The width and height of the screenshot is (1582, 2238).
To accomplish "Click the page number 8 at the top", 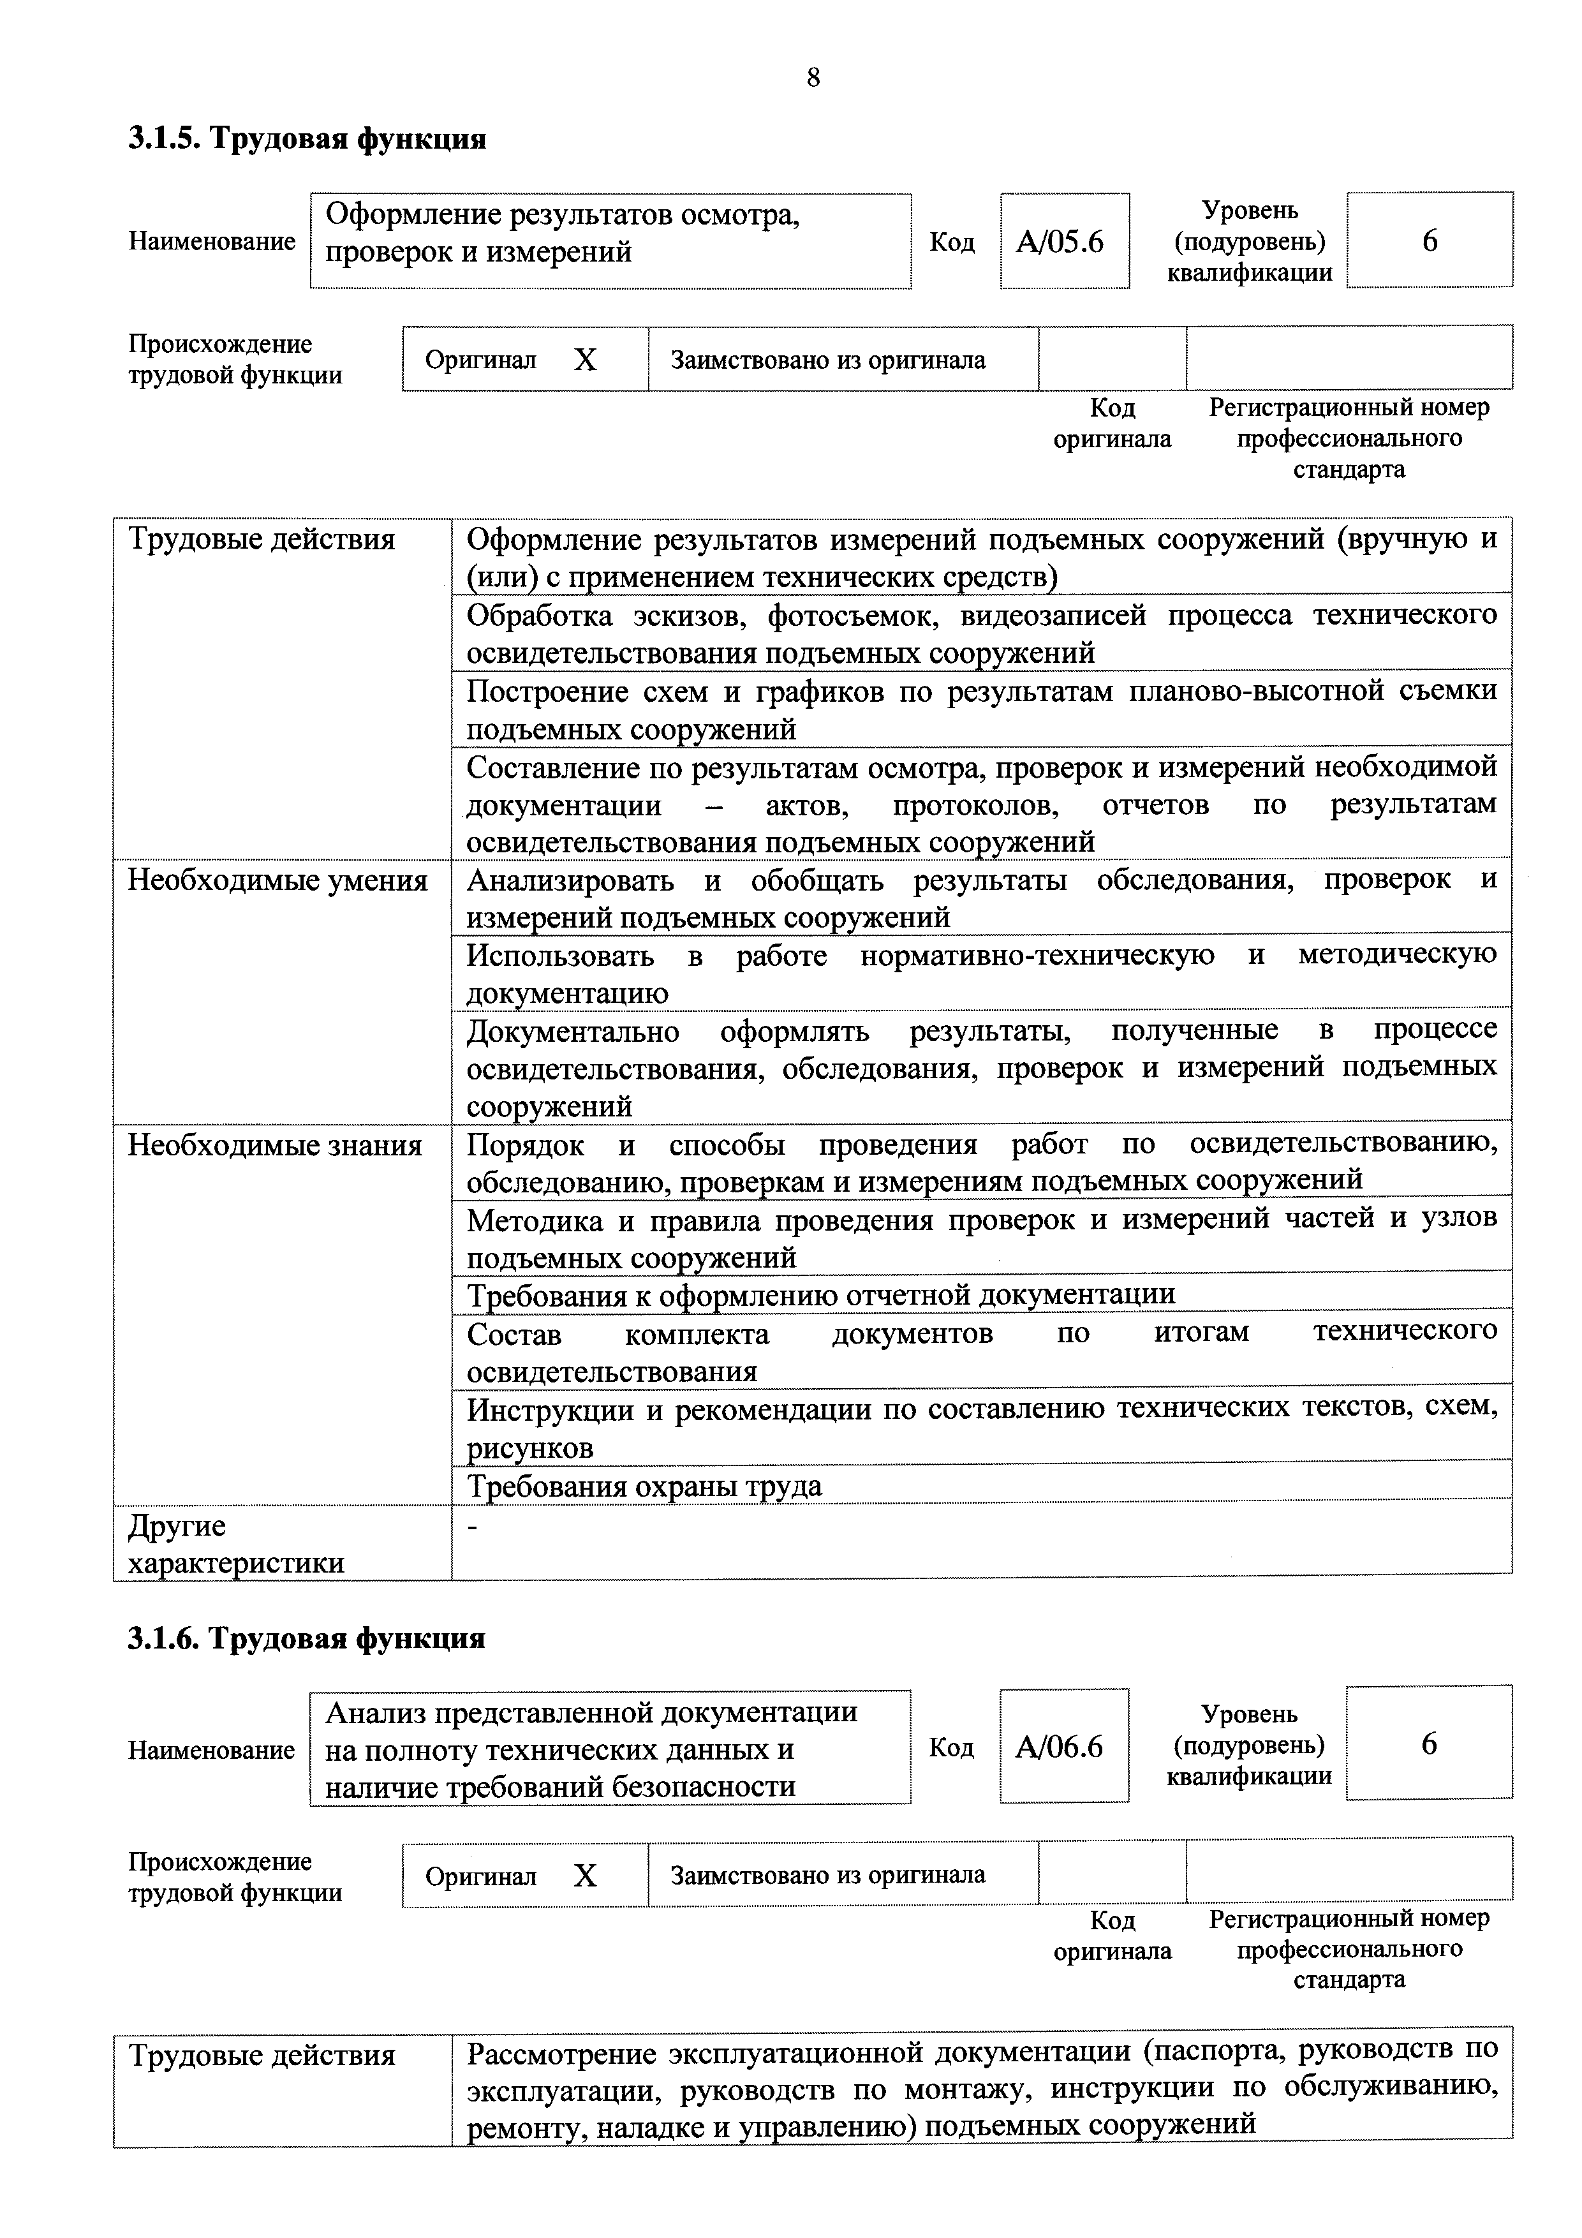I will click(x=813, y=77).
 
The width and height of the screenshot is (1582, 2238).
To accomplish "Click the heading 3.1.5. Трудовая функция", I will click(x=307, y=139).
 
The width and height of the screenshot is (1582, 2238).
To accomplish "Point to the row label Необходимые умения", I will click(x=277, y=880).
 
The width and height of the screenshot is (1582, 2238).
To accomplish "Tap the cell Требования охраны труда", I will click(x=644, y=1485).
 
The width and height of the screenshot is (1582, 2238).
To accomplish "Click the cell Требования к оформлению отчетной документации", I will click(x=821, y=1294).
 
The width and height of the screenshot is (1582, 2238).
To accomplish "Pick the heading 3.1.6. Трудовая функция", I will click(x=307, y=1638).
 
